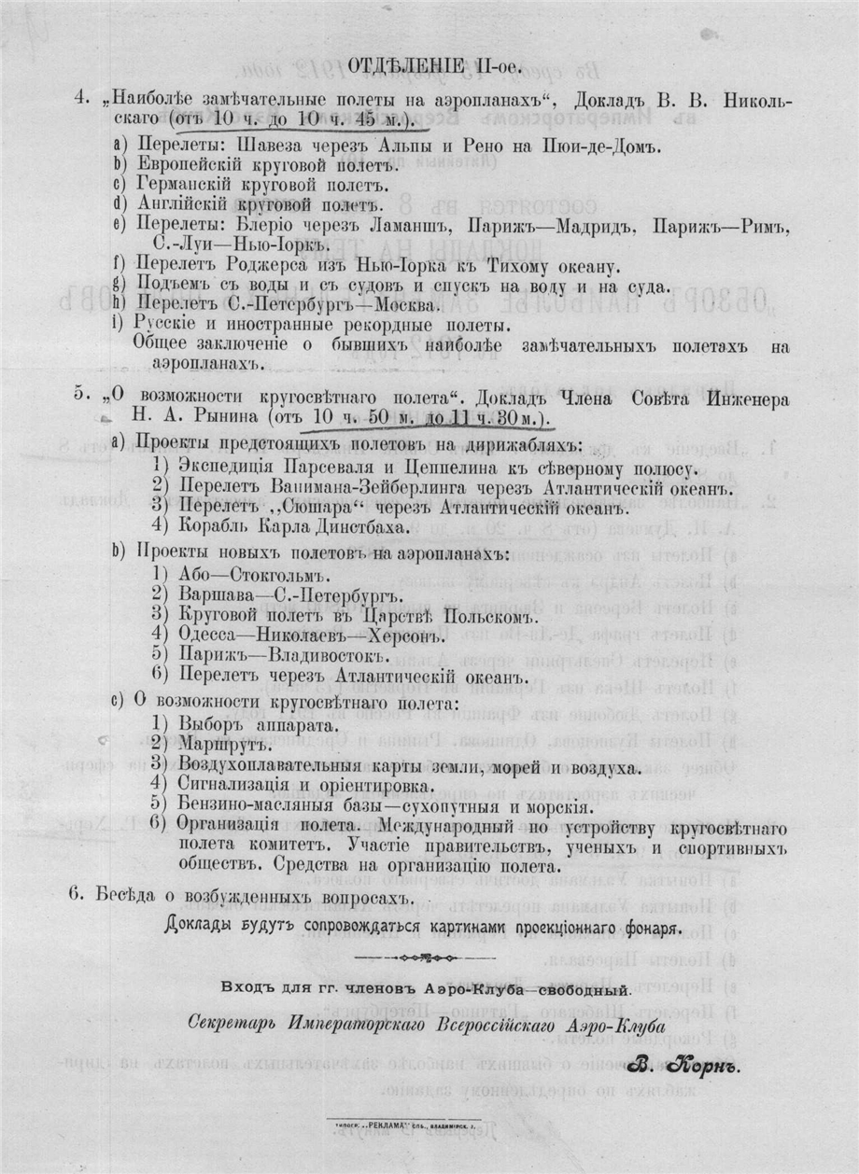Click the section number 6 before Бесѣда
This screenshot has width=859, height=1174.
click(x=76, y=895)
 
